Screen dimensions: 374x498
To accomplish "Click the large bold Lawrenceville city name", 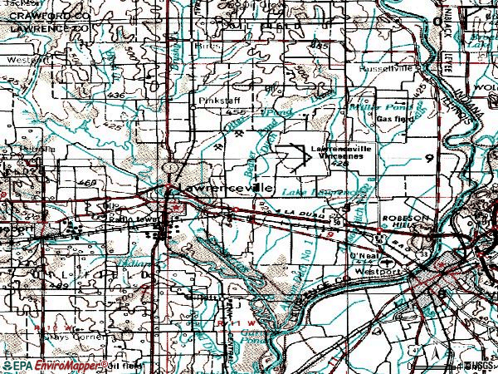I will [220, 189].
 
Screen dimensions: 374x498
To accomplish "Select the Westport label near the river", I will [370, 271].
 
